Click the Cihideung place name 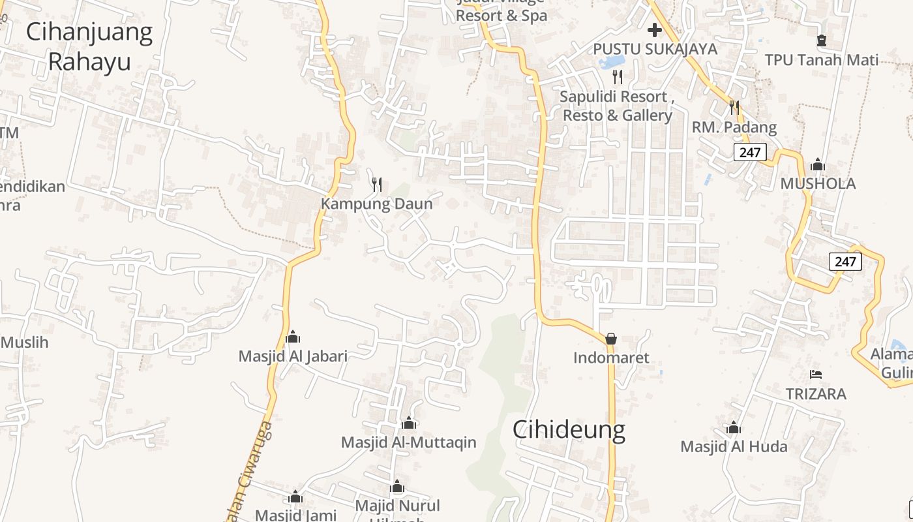(568, 429)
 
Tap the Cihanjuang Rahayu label (89, 46)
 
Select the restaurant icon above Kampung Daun (376, 185)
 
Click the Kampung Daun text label (376, 204)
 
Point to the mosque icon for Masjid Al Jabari (292, 337)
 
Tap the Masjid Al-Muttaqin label (408, 442)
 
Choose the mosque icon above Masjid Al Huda (734, 428)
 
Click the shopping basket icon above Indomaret (611, 339)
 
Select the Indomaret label (611, 358)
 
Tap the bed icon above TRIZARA (816, 375)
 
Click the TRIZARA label (816, 394)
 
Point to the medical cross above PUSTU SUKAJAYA (655, 30)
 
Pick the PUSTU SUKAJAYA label (655, 49)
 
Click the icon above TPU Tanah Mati (822, 40)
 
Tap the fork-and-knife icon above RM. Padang (734, 108)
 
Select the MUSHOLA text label (818, 184)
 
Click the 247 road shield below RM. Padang (750, 153)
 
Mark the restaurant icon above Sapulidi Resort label (618, 77)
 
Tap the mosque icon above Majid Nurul (397, 487)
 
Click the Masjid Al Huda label (734, 447)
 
